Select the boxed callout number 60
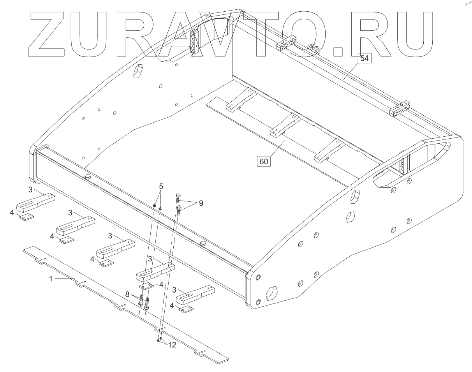click(264, 161)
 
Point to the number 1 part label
click(50, 279)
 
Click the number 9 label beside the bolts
click(201, 203)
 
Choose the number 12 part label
click(172, 345)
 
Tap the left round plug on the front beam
click(88, 177)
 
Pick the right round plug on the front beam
click(203, 243)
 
